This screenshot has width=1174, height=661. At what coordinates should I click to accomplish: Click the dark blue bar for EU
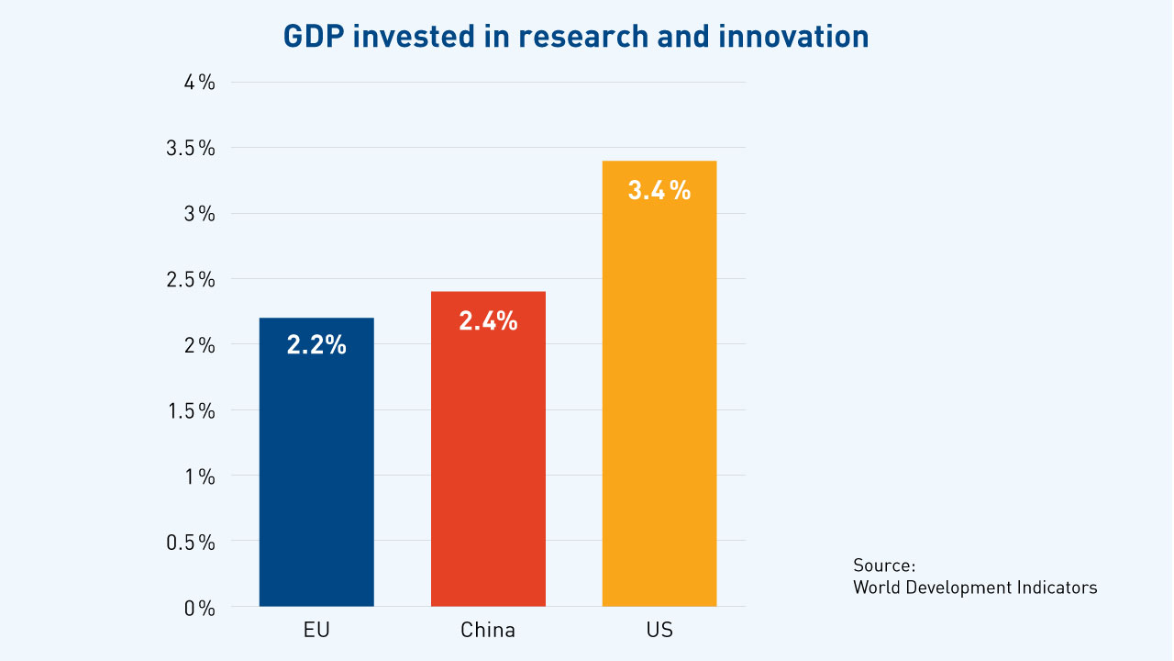click(316, 468)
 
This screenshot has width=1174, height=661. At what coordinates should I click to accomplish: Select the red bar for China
click(488, 459)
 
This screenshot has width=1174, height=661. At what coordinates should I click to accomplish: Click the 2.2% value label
click(316, 345)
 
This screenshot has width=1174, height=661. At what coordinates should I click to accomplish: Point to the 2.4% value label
click(488, 320)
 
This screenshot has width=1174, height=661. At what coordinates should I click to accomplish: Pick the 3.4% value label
click(659, 190)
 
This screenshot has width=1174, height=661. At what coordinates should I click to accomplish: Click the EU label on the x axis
click(316, 631)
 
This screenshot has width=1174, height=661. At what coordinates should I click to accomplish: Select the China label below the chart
click(488, 631)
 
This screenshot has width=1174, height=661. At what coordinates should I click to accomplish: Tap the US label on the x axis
click(659, 631)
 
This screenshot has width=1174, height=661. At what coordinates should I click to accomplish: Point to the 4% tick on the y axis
click(198, 83)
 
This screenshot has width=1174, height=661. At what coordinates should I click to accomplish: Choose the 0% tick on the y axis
click(198, 608)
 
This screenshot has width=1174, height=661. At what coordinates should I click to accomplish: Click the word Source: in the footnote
click(884, 565)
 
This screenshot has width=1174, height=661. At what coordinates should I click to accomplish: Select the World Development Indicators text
click(974, 588)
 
